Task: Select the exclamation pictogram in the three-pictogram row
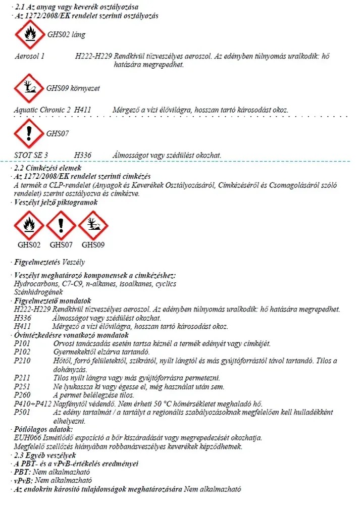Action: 61,225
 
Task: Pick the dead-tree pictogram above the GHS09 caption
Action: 93,225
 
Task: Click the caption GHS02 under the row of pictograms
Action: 29,245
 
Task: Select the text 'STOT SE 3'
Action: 31,155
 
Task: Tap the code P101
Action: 23,344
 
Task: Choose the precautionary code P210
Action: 23,360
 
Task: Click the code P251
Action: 23,386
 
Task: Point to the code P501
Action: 23,412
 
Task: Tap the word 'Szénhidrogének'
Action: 31,292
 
